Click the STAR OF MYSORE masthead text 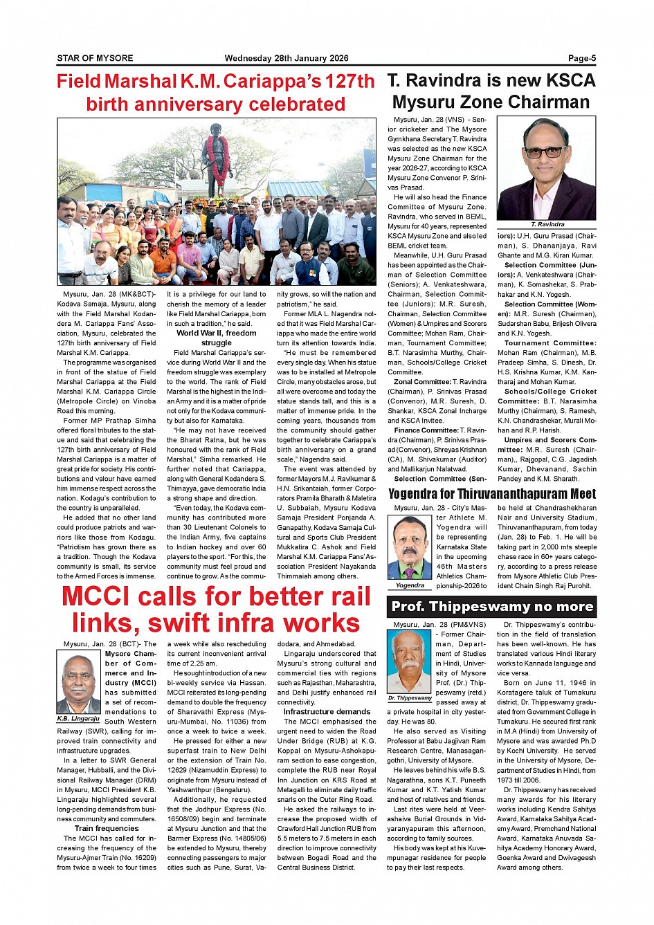95,58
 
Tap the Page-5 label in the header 581,58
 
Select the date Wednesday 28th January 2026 286,58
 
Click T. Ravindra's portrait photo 546,168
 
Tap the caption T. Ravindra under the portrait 547,224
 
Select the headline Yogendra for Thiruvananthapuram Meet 491,493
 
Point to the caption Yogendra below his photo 410,585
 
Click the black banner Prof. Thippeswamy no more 491,607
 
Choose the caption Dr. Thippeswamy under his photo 410,698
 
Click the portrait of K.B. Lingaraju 78,683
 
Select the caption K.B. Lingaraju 78,719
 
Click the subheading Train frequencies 107,828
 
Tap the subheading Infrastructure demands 327,711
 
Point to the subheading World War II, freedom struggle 216,338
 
